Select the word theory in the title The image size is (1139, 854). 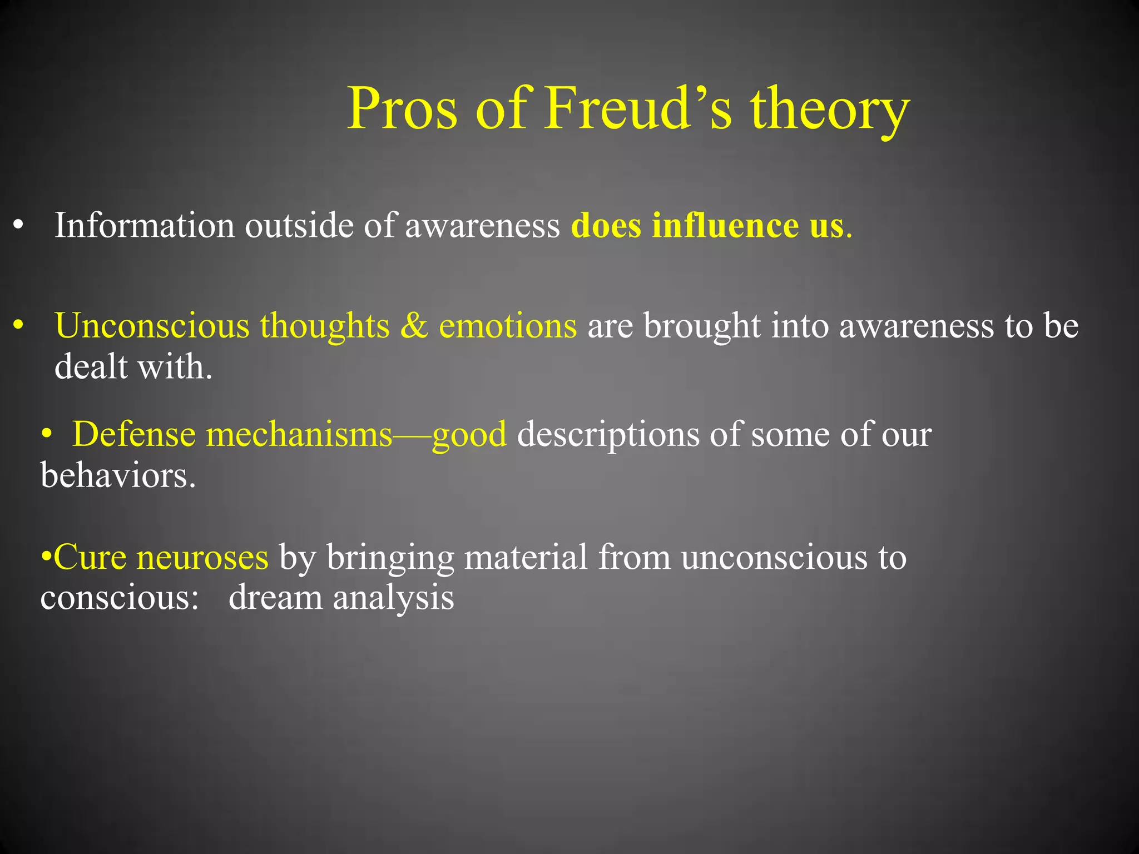pos(830,110)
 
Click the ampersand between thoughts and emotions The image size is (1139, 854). pos(414,326)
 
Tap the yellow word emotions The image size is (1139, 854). pos(507,326)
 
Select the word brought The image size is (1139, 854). pos(701,326)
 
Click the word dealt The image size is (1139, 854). pos(91,367)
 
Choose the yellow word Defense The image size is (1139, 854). pos(133,434)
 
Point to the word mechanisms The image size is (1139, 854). pos(299,434)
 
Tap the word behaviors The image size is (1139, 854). pos(117,476)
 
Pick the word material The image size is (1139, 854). pos(526,557)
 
